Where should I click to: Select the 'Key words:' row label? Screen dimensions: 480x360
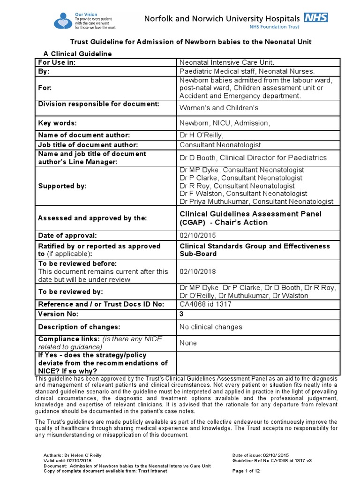[57, 123]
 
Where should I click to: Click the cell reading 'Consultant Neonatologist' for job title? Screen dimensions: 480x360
[220, 145]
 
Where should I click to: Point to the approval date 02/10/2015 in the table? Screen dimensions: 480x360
[195, 235]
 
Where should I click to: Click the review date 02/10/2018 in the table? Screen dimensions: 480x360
[195, 271]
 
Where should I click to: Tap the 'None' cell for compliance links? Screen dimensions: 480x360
[188, 343]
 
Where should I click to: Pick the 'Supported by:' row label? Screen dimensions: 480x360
[62, 186]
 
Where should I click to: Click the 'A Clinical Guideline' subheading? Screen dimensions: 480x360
[77, 54]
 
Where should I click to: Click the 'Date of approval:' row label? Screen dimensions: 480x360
[67, 235]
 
